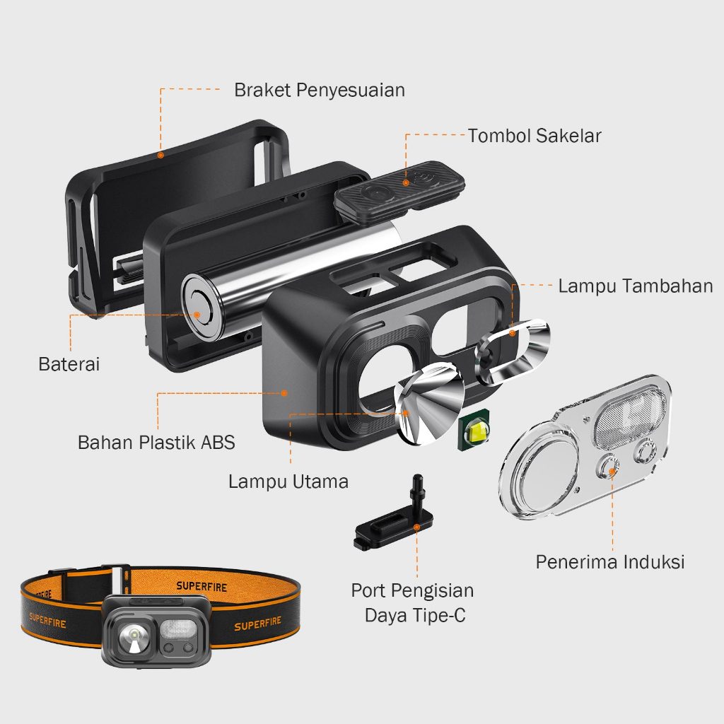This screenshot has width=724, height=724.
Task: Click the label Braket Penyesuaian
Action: tap(320, 90)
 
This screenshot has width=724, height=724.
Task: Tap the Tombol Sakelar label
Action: tap(535, 136)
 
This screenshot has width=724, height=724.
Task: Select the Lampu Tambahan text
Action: tap(636, 286)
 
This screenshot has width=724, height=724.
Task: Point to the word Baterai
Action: tap(69, 364)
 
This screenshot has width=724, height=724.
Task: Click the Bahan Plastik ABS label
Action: tap(156, 443)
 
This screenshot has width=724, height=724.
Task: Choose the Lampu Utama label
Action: tap(288, 481)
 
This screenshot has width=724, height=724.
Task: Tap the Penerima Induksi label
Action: tap(610, 562)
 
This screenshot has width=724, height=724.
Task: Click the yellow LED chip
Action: tap(474, 431)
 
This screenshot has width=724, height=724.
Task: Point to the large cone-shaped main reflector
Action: tap(430, 403)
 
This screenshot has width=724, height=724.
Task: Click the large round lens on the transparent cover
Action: tap(539, 473)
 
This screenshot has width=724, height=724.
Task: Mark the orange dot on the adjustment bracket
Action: tap(160, 155)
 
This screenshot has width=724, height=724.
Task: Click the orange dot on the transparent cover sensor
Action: tap(612, 472)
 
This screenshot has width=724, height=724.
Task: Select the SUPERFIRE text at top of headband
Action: tap(202, 586)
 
